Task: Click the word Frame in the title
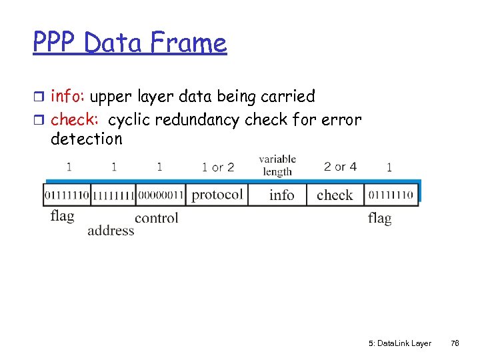189,43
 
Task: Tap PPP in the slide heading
56,43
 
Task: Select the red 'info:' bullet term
68,97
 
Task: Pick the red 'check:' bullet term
75,120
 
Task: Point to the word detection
87,139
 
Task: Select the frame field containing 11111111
113,195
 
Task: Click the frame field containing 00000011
160,195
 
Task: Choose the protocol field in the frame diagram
217,195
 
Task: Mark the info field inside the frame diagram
281,195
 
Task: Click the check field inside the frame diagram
335,195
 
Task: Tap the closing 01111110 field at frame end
391,195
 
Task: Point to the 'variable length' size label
277,165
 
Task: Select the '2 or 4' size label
340,166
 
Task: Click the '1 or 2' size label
218,167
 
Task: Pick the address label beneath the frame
111,231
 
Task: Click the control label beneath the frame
157,218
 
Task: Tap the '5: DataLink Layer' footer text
399,343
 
